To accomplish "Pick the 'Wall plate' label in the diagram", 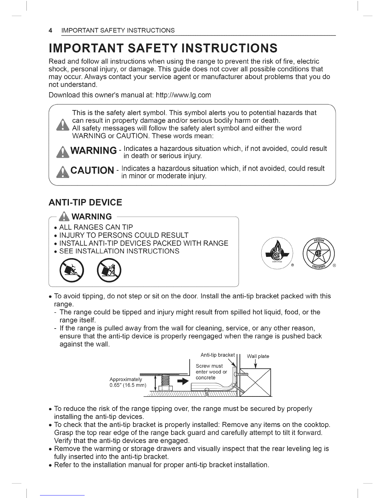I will [258, 356].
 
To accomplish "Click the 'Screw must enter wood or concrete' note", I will [211, 372].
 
